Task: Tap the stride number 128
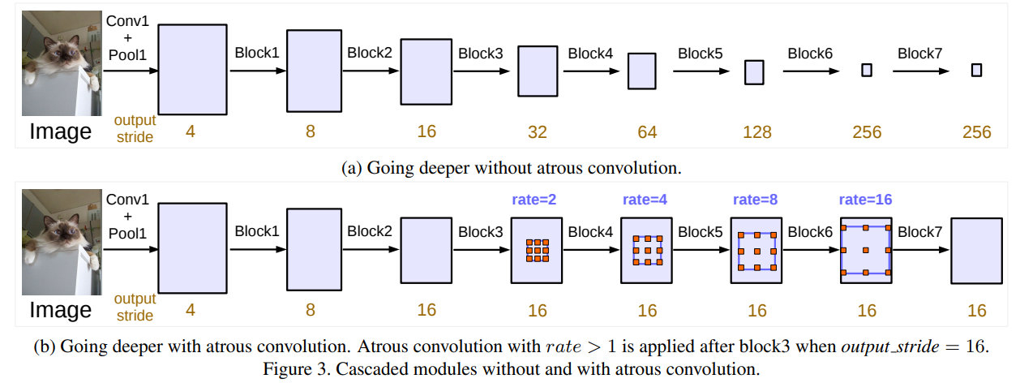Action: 756,131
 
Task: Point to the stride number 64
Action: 646,131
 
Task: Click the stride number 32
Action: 537,131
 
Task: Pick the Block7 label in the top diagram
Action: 920,54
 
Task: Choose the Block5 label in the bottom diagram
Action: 701,232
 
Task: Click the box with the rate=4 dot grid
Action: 647,250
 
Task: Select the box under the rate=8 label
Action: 756,250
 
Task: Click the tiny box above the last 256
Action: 976,70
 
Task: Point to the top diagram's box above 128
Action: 754,72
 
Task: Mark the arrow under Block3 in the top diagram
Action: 481,71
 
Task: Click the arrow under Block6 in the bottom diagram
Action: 811,250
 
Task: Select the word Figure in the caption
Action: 285,370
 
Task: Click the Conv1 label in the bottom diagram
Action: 127,199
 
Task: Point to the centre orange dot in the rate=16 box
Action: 866,250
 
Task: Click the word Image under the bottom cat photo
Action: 60,310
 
